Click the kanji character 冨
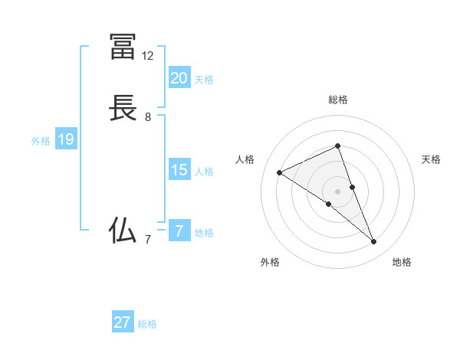point(123,47)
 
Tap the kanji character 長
point(123,109)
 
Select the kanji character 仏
point(123,230)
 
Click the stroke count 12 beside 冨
point(148,56)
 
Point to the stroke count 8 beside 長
point(148,117)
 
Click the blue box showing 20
point(179,78)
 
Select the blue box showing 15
point(179,170)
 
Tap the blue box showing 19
point(66,139)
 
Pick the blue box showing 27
point(123,322)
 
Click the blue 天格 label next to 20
point(204,80)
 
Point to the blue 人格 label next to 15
point(204,172)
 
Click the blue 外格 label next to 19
point(41,141)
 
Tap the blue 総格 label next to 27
point(147,324)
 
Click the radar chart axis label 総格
point(337,100)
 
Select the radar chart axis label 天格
point(432,159)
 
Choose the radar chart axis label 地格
point(402,262)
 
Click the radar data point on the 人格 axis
point(280,172)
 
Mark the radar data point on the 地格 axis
point(373,242)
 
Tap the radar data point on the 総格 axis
point(337,146)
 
